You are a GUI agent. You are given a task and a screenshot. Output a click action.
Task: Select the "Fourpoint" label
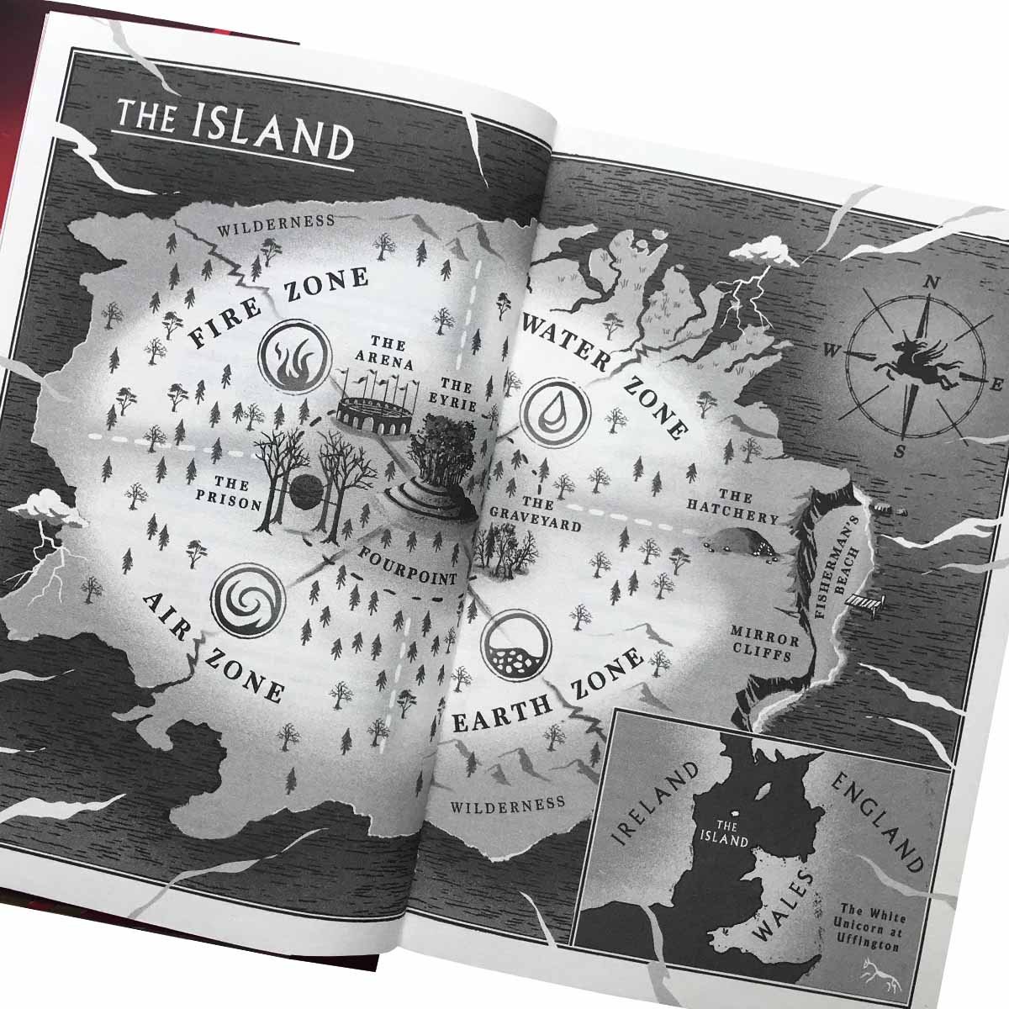point(407,567)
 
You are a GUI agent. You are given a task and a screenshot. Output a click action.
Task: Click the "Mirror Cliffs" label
point(761,643)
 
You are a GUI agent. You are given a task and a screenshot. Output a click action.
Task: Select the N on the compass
point(931,283)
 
